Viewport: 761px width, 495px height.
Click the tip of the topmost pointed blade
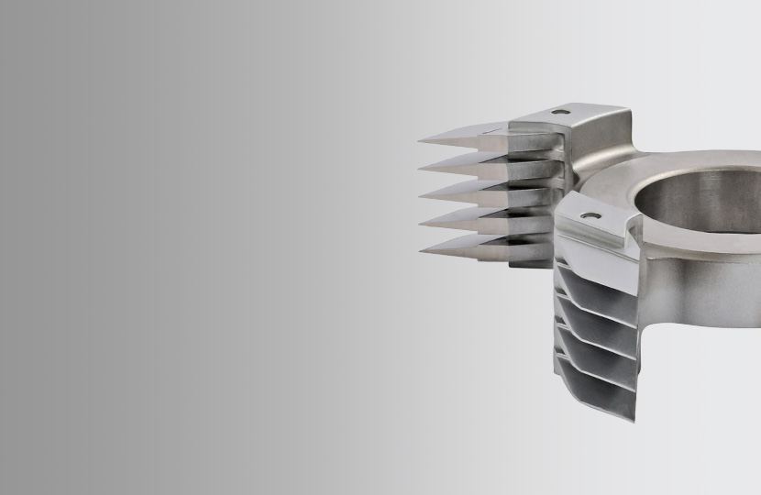pos(419,141)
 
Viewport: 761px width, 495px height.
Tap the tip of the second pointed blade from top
pos(421,168)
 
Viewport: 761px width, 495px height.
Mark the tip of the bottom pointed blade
pos(421,248)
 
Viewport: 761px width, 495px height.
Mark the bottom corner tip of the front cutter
pos(633,420)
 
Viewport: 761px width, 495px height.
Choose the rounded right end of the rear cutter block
pos(623,124)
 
